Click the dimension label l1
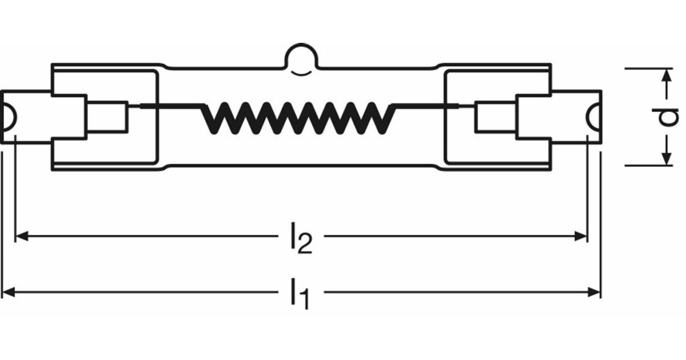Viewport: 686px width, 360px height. pyautogui.click(x=300, y=294)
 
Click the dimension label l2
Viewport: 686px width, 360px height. pyautogui.click(x=301, y=238)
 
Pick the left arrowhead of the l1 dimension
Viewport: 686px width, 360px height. pyautogui.click(x=9, y=292)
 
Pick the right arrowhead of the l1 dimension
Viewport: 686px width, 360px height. pyautogui.click(x=594, y=292)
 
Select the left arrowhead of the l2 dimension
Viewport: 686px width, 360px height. pyautogui.click(x=22, y=237)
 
